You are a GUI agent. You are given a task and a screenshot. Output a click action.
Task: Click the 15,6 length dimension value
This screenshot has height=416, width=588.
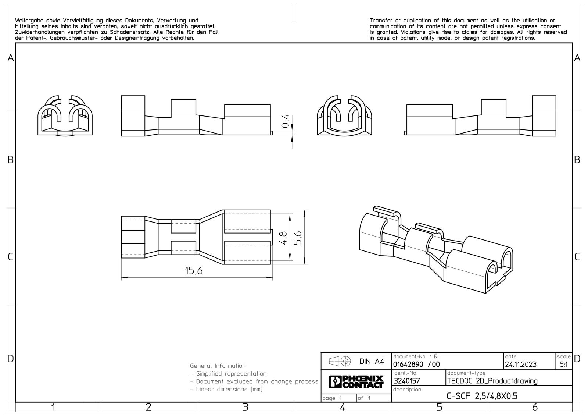pyautogui.click(x=193, y=271)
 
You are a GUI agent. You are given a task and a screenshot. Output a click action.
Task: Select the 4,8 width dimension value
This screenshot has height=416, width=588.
pyautogui.click(x=283, y=238)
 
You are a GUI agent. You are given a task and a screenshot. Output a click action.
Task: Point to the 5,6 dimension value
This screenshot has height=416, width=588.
pyautogui.click(x=298, y=238)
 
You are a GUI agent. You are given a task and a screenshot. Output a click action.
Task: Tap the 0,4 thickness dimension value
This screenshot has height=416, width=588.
pyautogui.click(x=285, y=121)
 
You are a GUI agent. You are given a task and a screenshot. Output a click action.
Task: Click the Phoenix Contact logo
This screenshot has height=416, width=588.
pyautogui.click(x=356, y=381)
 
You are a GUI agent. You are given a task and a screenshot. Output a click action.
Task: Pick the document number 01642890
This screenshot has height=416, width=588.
pyautogui.click(x=408, y=365)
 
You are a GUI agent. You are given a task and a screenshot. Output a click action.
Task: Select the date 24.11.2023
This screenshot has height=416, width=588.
pyautogui.click(x=521, y=365)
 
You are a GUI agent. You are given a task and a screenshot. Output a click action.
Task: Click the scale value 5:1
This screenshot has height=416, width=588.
pyautogui.click(x=564, y=365)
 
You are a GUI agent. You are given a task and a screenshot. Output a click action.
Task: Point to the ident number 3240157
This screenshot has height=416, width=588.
pyautogui.click(x=407, y=381)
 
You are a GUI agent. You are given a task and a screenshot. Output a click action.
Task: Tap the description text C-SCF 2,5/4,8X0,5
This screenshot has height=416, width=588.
pyautogui.click(x=482, y=396)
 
